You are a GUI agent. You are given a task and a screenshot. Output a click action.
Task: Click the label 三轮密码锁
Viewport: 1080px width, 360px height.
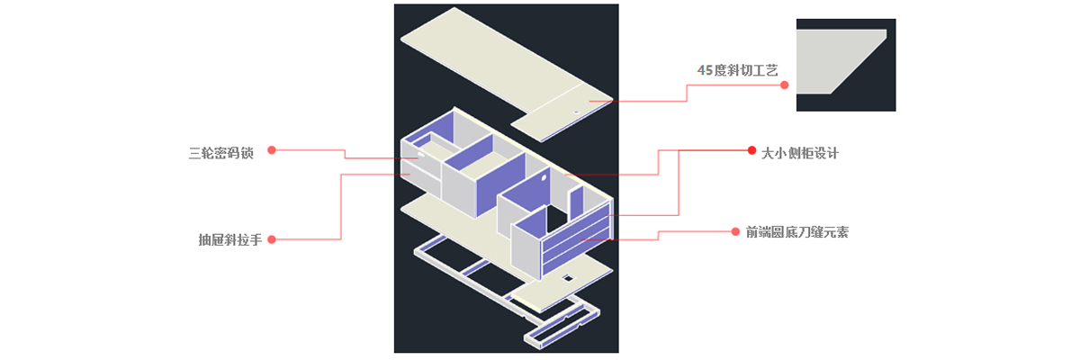pyautogui.click(x=221, y=152)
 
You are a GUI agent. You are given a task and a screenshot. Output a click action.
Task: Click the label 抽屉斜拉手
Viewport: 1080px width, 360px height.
pyautogui.click(x=229, y=240)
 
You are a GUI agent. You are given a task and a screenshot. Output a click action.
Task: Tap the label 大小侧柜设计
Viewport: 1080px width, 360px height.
pyautogui.click(x=800, y=153)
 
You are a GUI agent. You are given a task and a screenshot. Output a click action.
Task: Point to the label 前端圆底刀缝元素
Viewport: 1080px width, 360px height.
pyautogui.click(x=796, y=232)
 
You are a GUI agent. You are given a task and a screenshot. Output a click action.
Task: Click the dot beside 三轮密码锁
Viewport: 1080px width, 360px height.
pyautogui.click(x=272, y=149)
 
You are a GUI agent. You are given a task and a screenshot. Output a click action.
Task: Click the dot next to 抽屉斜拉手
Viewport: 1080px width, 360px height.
pyautogui.click(x=272, y=239)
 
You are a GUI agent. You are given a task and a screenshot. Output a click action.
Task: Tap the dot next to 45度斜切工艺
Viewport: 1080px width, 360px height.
pyautogui.click(x=784, y=85)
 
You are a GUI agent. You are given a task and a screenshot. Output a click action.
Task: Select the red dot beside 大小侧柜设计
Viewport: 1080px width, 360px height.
pyautogui.click(x=752, y=150)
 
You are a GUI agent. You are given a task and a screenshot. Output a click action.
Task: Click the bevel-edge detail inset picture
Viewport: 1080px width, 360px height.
pyautogui.click(x=845, y=65)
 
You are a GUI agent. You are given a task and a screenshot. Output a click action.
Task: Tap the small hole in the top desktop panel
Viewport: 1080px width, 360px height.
pyautogui.click(x=578, y=112)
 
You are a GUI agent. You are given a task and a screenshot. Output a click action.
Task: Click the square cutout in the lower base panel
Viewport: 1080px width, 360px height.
pyautogui.click(x=568, y=280)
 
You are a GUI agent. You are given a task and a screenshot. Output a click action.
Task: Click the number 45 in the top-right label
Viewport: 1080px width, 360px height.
pyautogui.click(x=705, y=70)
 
